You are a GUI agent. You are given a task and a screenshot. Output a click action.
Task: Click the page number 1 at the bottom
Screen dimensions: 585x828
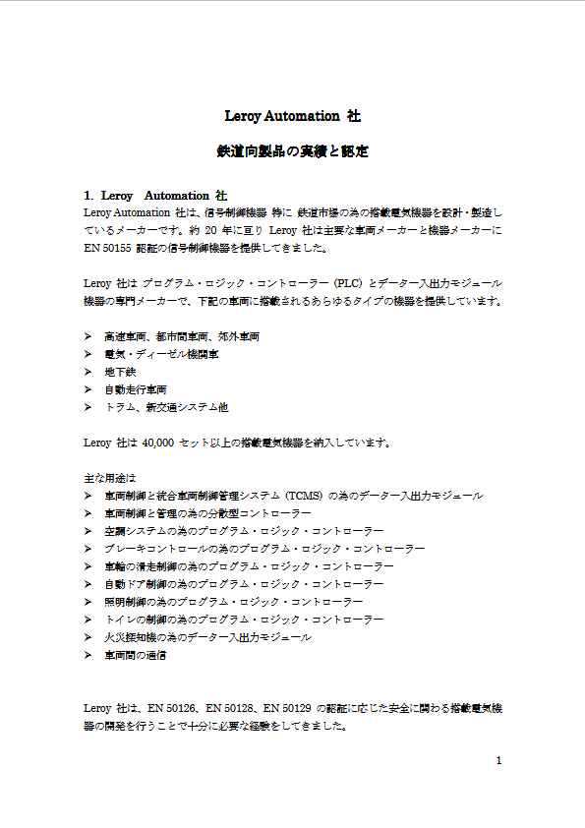[499, 760]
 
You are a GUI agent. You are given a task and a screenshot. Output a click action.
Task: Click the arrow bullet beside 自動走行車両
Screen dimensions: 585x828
[88, 389]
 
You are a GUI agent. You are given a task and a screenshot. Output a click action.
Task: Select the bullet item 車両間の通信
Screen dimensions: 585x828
[136, 655]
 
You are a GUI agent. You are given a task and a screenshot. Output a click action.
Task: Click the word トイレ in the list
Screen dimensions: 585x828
[120, 620]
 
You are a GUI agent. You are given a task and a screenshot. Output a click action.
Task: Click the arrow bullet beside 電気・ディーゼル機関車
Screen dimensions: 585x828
[88, 354]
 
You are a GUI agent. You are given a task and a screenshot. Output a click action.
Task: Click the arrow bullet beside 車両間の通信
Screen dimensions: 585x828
[88, 655]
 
